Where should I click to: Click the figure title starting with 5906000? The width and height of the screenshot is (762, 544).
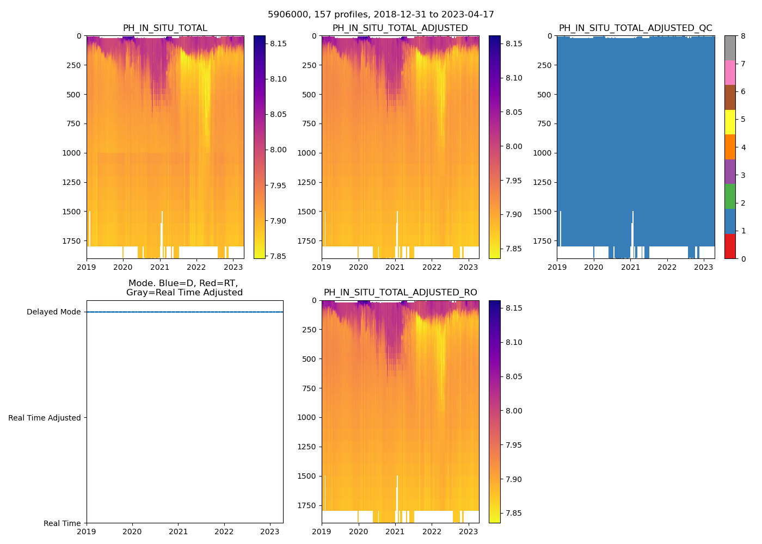pos(381,15)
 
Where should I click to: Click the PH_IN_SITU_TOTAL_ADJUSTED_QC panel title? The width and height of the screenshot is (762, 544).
pos(635,28)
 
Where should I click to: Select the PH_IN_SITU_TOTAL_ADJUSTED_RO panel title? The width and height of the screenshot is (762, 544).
pos(400,293)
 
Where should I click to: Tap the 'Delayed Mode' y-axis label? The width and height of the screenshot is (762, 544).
pos(53,312)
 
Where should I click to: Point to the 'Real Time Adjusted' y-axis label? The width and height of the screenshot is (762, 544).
pos(45,418)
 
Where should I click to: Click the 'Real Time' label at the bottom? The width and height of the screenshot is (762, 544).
pos(62,523)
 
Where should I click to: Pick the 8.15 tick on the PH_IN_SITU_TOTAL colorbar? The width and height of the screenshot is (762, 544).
pos(279,44)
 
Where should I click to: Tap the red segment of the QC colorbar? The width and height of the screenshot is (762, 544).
pos(730,246)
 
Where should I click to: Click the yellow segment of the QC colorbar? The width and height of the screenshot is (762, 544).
pos(730,122)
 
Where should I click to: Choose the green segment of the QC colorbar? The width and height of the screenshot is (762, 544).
pos(730,196)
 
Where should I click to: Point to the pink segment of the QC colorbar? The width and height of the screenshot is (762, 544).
pos(730,72)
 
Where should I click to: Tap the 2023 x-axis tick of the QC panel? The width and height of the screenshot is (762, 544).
pos(704,267)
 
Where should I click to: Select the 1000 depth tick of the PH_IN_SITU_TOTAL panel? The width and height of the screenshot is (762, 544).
pos(72,153)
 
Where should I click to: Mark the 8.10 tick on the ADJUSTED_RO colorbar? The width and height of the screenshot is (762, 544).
pos(514,342)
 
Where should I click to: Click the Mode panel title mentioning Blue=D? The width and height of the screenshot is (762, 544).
pos(184,288)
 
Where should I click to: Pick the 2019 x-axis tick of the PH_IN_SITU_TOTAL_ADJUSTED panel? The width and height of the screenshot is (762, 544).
pos(322,267)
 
